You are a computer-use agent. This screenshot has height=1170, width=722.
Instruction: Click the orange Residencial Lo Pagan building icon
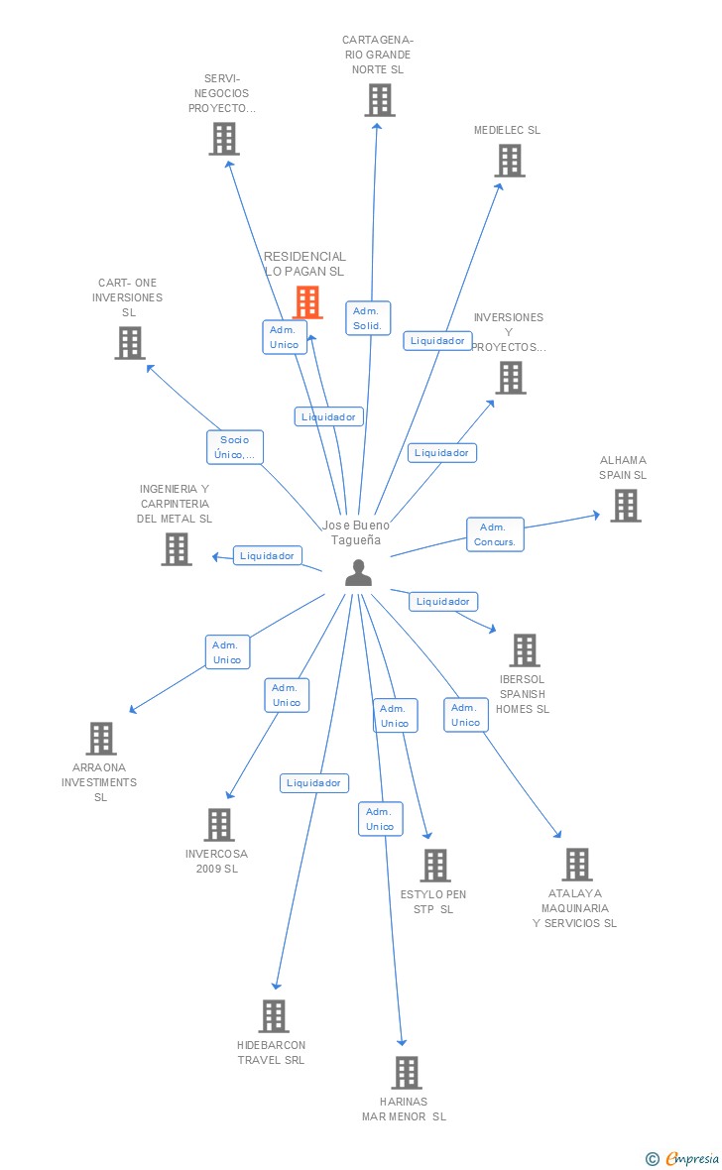point(307,301)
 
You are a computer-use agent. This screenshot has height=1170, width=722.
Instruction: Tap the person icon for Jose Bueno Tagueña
point(358,573)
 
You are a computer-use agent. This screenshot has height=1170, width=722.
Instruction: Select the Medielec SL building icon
point(510,161)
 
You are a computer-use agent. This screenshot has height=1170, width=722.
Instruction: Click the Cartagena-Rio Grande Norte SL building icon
point(379,100)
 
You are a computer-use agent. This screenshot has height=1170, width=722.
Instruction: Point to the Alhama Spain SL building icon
point(625,506)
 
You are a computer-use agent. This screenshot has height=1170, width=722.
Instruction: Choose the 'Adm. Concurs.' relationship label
point(495,534)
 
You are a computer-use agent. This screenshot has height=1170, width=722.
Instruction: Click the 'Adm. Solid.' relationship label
point(367,318)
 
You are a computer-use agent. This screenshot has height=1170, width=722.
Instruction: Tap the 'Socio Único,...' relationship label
point(235,447)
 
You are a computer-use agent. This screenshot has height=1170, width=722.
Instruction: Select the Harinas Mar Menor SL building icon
point(407,1073)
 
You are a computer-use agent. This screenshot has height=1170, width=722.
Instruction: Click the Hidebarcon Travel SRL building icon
point(274,1016)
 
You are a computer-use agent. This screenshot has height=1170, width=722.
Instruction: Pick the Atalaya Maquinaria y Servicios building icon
point(577,865)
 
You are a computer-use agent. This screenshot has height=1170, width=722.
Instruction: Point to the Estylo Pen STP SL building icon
point(435,866)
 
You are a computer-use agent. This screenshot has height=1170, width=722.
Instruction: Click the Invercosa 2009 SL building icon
point(219,825)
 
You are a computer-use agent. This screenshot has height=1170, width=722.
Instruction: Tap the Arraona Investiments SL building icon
point(101,739)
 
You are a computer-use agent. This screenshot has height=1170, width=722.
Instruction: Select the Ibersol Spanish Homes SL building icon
point(524,650)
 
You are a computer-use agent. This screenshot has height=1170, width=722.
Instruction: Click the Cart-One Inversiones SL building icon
point(130,343)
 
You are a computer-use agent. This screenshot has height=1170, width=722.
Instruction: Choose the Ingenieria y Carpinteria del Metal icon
point(177,549)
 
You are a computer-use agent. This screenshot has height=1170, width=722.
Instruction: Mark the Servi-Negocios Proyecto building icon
point(224,139)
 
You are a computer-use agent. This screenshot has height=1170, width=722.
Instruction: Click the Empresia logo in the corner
point(683,1158)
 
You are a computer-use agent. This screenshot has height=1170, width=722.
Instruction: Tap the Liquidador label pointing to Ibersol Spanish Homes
point(443,601)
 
